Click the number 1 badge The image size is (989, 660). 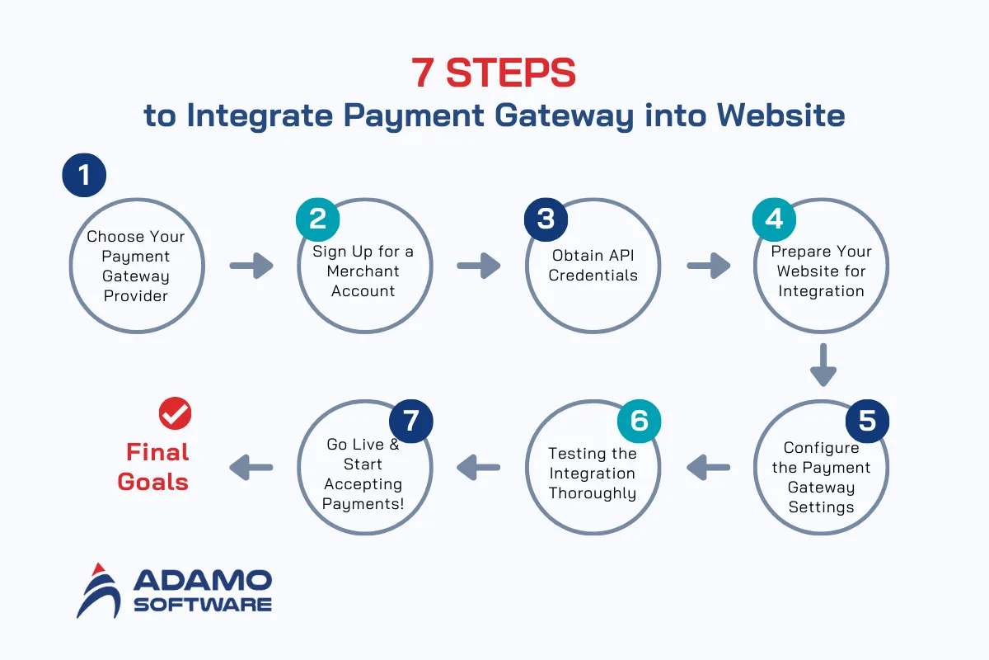click(x=84, y=175)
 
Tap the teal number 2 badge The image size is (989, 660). click(x=318, y=219)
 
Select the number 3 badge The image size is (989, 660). click(x=546, y=219)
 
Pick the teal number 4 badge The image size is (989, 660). click(x=774, y=219)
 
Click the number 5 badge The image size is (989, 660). click(x=867, y=420)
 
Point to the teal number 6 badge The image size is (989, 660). click(x=640, y=420)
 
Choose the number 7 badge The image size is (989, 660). click(x=411, y=420)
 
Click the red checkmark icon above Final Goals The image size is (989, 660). click(x=175, y=413)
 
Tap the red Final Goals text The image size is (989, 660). click(x=154, y=467)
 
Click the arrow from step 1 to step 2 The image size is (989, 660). click(x=251, y=266)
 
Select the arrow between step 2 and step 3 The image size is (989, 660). click(x=479, y=266)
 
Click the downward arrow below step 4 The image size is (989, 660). click(x=823, y=364)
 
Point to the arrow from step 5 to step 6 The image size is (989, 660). click(x=708, y=467)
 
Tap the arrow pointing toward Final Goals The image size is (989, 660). click(x=251, y=467)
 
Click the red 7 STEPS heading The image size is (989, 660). click(x=494, y=73)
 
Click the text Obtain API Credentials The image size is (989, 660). click(x=593, y=265)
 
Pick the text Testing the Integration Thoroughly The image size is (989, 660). click(x=593, y=474)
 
